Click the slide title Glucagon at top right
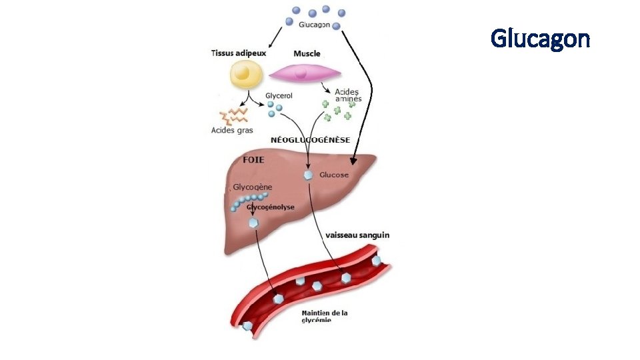[540, 39]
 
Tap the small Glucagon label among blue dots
[314, 25]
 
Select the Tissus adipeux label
[238, 53]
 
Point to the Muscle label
[307, 53]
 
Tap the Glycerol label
[279, 96]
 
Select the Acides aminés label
[347, 95]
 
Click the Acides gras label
[232, 130]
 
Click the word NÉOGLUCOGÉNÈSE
[310, 140]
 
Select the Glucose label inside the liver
[334, 175]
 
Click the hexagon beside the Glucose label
[308, 175]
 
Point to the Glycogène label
[253, 187]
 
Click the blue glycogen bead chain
[250, 199]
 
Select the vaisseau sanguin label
[358, 235]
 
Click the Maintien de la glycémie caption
[325, 316]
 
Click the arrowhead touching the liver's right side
[354, 161]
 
